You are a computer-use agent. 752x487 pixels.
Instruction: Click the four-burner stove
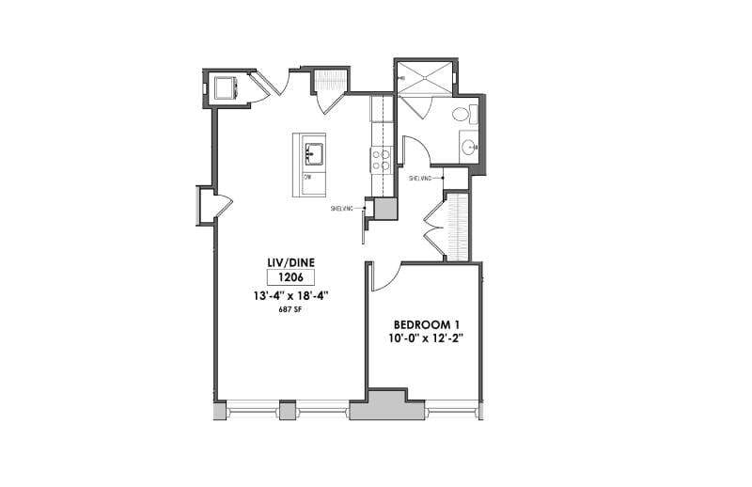[383, 160]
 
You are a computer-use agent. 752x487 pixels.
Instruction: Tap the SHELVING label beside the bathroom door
[420, 177]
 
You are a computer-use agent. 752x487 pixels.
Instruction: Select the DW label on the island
[307, 176]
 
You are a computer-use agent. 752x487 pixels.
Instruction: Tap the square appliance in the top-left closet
[227, 88]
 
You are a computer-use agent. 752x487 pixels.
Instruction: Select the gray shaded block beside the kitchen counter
[385, 209]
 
